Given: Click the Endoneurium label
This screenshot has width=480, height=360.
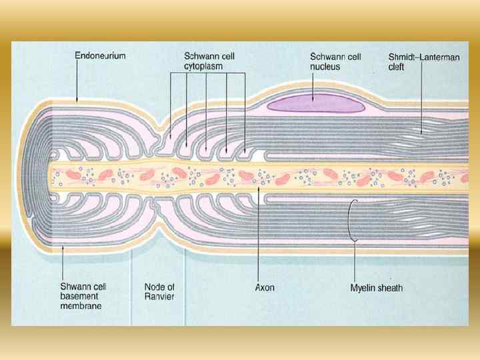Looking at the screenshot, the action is pyautogui.click(x=101, y=56).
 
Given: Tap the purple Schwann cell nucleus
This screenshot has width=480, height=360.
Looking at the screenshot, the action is pyautogui.click(x=315, y=103).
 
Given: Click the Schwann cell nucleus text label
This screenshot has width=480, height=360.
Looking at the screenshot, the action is pyautogui.click(x=335, y=61).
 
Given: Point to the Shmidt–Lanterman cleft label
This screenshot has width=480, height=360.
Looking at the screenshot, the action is pyautogui.click(x=424, y=62).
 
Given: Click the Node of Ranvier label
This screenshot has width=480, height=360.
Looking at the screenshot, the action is pyautogui.click(x=159, y=292).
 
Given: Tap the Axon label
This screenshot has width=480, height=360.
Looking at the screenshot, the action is pyautogui.click(x=265, y=288).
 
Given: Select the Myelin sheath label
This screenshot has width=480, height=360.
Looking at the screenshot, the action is pyautogui.click(x=377, y=288).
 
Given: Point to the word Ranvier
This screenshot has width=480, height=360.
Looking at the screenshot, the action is pyautogui.click(x=159, y=297).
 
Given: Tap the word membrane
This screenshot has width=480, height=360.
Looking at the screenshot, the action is pyautogui.click(x=81, y=306).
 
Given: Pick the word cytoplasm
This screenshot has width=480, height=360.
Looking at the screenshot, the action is pyautogui.click(x=203, y=66).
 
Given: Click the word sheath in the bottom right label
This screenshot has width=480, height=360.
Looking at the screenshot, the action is pyautogui.click(x=389, y=288).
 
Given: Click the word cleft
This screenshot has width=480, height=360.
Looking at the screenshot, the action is pyautogui.click(x=398, y=67).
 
